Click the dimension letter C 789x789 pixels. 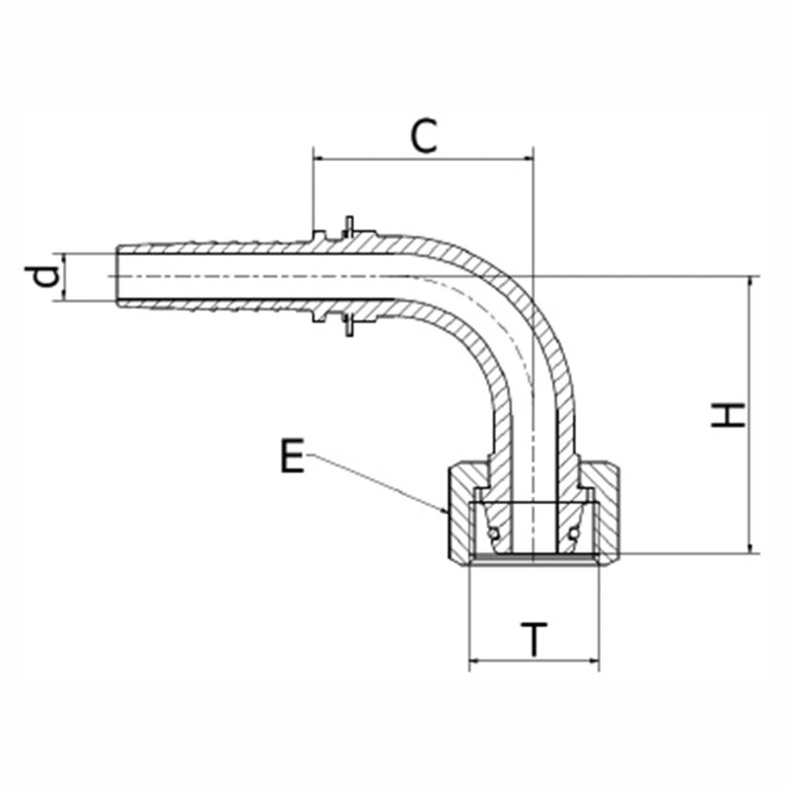[x=424, y=136]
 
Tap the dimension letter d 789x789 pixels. [x=42, y=276]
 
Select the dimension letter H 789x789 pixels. [x=728, y=415]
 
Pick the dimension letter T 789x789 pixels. [x=534, y=639]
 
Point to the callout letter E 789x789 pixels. [x=292, y=456]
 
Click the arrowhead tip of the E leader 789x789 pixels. [x=448, y=514]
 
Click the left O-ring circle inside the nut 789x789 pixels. [x=494, y=533]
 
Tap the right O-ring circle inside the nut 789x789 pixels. [x=573, y=533]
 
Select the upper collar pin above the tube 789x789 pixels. [x=349, y=227]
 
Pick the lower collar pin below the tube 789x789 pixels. [x=349, y=325]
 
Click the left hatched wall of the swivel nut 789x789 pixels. [x=461, y=513]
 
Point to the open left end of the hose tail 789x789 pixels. [x=117, y=276]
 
